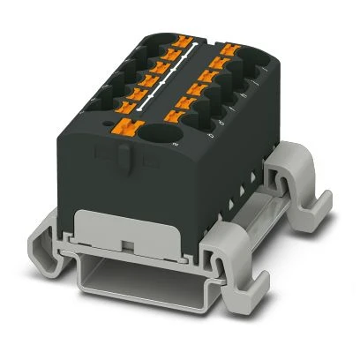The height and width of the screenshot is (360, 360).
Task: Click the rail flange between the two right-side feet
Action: coord(265,225)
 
